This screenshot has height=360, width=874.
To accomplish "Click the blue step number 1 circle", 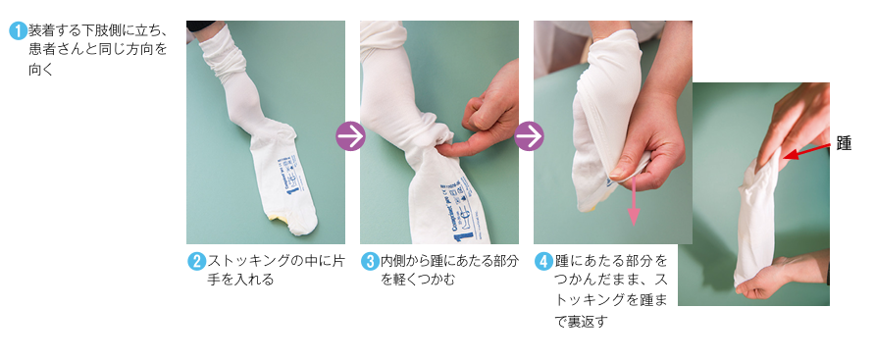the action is (18, 31).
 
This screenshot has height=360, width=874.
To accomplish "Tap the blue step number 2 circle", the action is (196, 261).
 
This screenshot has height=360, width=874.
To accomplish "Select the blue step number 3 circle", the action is (370, 261).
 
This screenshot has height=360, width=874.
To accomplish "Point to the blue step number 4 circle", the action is (544, 261).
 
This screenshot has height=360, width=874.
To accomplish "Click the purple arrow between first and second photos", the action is (350, 136).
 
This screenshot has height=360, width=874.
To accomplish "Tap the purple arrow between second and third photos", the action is (529, 136).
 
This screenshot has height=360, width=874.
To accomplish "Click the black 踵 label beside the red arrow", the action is (844, 143).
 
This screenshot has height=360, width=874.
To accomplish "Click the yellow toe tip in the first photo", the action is (278, 219).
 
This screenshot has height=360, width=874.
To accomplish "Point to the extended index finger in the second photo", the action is (458, 147).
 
